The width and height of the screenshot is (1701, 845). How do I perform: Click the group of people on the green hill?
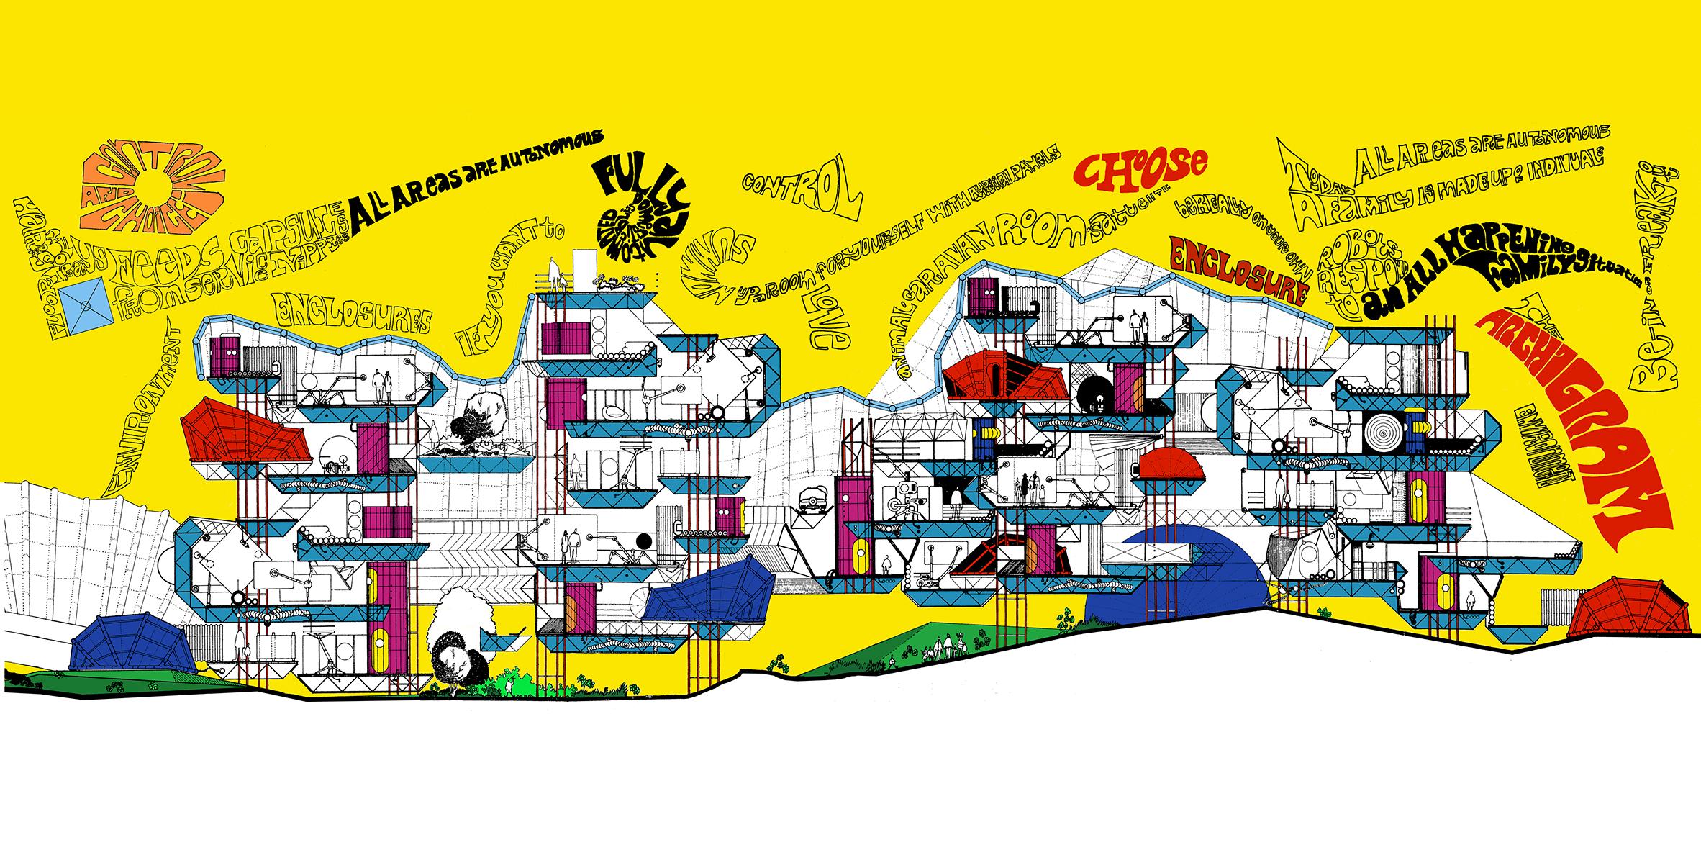coord(946,643)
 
